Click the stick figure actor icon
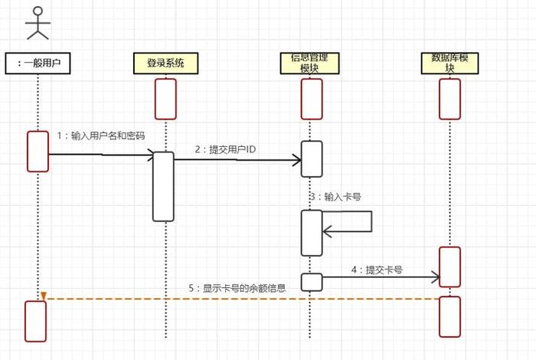coord(38,23)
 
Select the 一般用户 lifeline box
coord(38,64)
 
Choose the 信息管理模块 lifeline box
coord(309,63)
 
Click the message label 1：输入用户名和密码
coord(101,135)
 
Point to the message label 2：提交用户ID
coord(227,149)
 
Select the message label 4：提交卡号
coord(377,270)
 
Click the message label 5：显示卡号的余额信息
coord(237,288)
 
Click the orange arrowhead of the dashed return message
coord(44,296)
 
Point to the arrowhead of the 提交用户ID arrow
coord(296,160)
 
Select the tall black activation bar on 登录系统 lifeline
coord(163,186)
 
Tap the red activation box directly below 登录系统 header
coord(165,99)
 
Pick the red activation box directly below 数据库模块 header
coord(449,99)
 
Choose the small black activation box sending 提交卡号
coord(311,282)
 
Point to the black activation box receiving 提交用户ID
coord(311,159)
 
